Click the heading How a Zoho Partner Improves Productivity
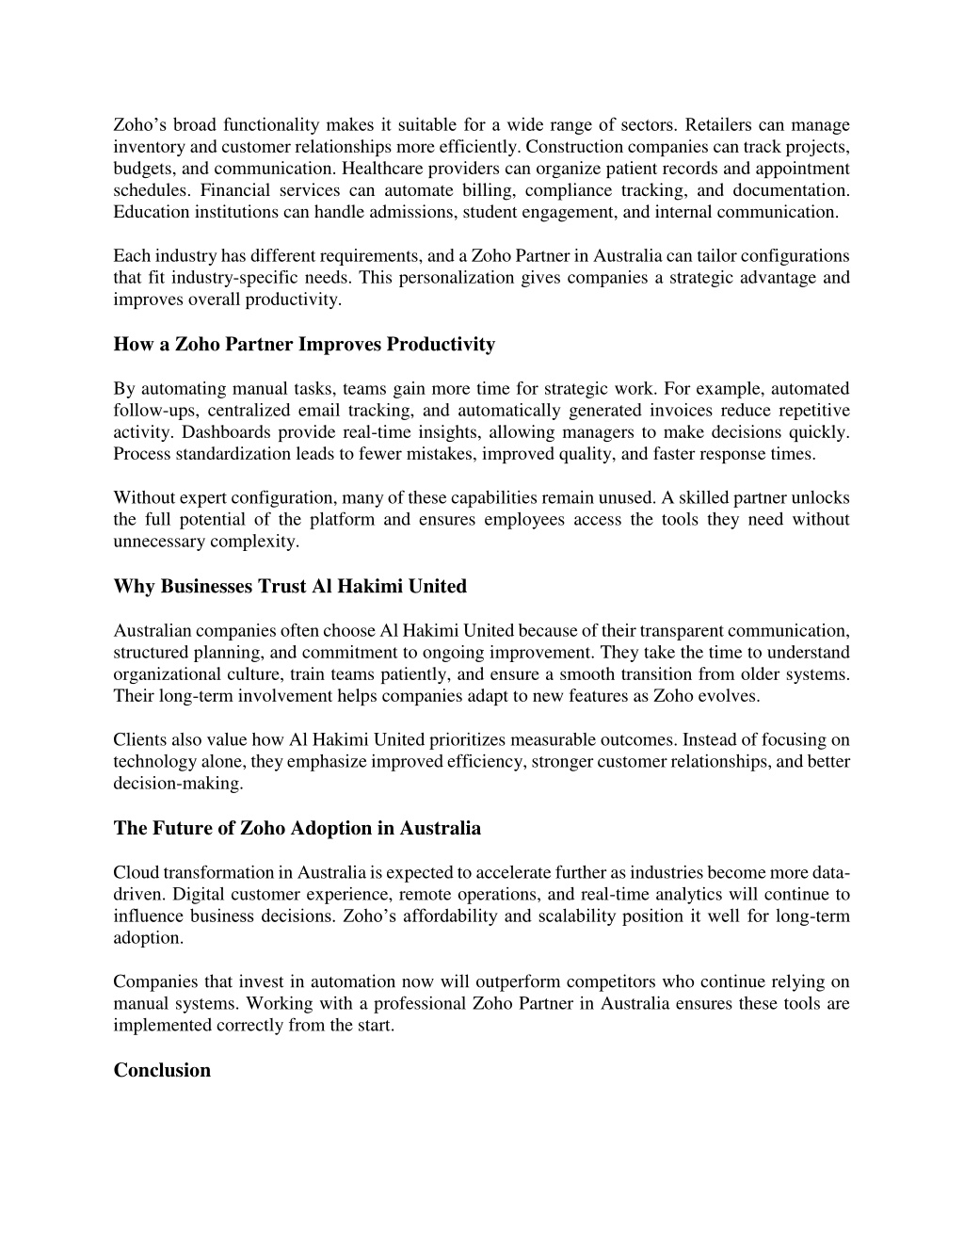[x=304, y=345]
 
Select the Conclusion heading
[x=162, y=1070]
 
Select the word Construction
[x=574, y=147]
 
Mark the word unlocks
[x=823, y=498]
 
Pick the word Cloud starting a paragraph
[x=135, y=873]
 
